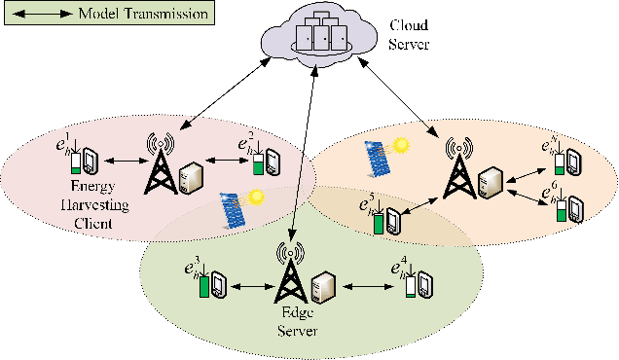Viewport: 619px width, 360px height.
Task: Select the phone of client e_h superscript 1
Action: click(x=89, y=160)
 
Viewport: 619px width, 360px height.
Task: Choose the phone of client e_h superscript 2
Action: click(x=273, y=158)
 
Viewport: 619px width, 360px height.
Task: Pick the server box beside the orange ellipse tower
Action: click(x=494, y=179)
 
